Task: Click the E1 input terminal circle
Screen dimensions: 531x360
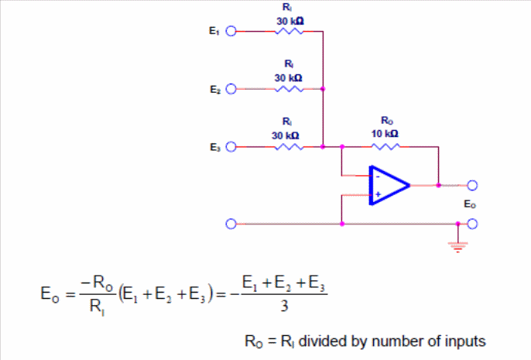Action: (231, 31)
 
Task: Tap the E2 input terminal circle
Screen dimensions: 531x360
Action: (231, 89)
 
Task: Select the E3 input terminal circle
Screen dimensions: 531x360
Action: (231, 147)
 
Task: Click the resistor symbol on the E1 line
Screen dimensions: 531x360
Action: (289, 31)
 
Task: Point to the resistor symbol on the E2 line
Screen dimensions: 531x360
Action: (289, 89)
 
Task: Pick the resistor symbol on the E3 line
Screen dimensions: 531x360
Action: (289, 147)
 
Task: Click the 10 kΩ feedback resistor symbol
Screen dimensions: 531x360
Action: (385, 146)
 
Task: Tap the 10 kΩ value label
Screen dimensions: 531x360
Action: (385, 134)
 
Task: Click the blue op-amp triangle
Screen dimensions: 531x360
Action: (389, 185)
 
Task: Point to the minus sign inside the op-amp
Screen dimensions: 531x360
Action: (378, 177)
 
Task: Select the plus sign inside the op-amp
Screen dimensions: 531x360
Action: (378, 194)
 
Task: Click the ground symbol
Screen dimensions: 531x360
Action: (458, 247)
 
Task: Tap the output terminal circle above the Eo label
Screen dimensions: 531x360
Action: (472, 185)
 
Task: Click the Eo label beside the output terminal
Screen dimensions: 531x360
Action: (470, 204)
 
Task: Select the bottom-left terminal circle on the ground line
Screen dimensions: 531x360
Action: (231, 224)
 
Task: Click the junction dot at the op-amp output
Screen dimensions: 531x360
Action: (439, 185)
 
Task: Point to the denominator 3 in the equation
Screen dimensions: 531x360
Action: (284, 306)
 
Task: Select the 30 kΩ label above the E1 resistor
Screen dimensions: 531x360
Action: (290, 22)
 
